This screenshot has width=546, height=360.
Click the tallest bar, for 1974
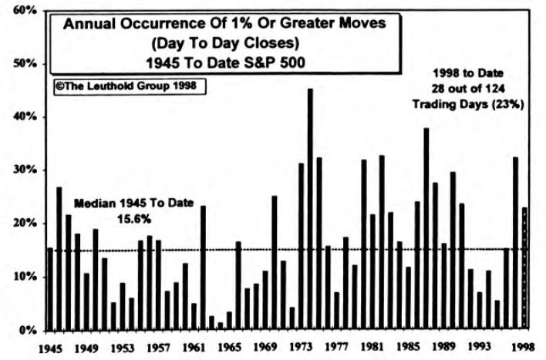[x=310, y=208]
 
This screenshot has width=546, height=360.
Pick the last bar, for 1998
[x=525, y=267]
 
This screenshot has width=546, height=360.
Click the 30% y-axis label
[x=26, y=170]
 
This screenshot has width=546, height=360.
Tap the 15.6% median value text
[x=134, y=220]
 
